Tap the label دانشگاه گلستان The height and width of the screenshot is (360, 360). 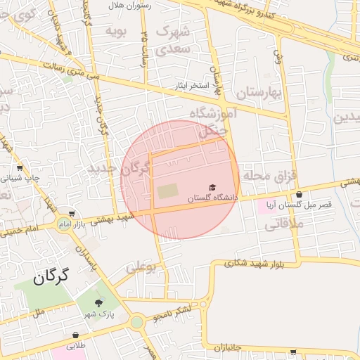[212, 199]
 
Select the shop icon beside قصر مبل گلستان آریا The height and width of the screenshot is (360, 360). [300, 194]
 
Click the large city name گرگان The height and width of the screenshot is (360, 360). [53, 276]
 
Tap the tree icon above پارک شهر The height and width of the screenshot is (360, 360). [97, 302]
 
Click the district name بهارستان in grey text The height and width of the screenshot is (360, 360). [259, 93]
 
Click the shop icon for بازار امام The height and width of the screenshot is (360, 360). [72, 214]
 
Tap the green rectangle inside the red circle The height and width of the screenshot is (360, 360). [167, 191]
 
